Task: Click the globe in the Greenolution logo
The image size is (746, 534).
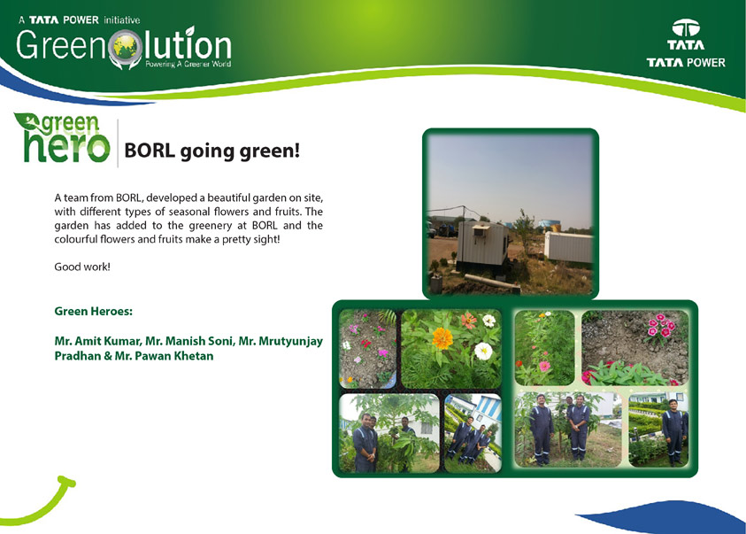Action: click(x=125, y=47)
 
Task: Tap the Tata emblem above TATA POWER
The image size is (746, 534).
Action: click(x=686, y=28)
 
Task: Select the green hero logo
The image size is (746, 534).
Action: click(x=62, y=137)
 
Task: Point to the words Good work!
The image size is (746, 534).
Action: click(x=82, y=267)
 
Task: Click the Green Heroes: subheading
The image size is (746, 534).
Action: click(x=93, y=311)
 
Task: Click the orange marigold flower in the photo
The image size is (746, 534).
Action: click(x=442, y=338)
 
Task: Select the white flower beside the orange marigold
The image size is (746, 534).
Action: click(x=483, y=352)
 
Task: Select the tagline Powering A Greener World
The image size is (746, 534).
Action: click(x=188, y=65)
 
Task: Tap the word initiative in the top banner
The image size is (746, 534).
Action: click(x=122, y=20)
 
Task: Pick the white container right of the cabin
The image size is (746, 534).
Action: click(x=568, y=247)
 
